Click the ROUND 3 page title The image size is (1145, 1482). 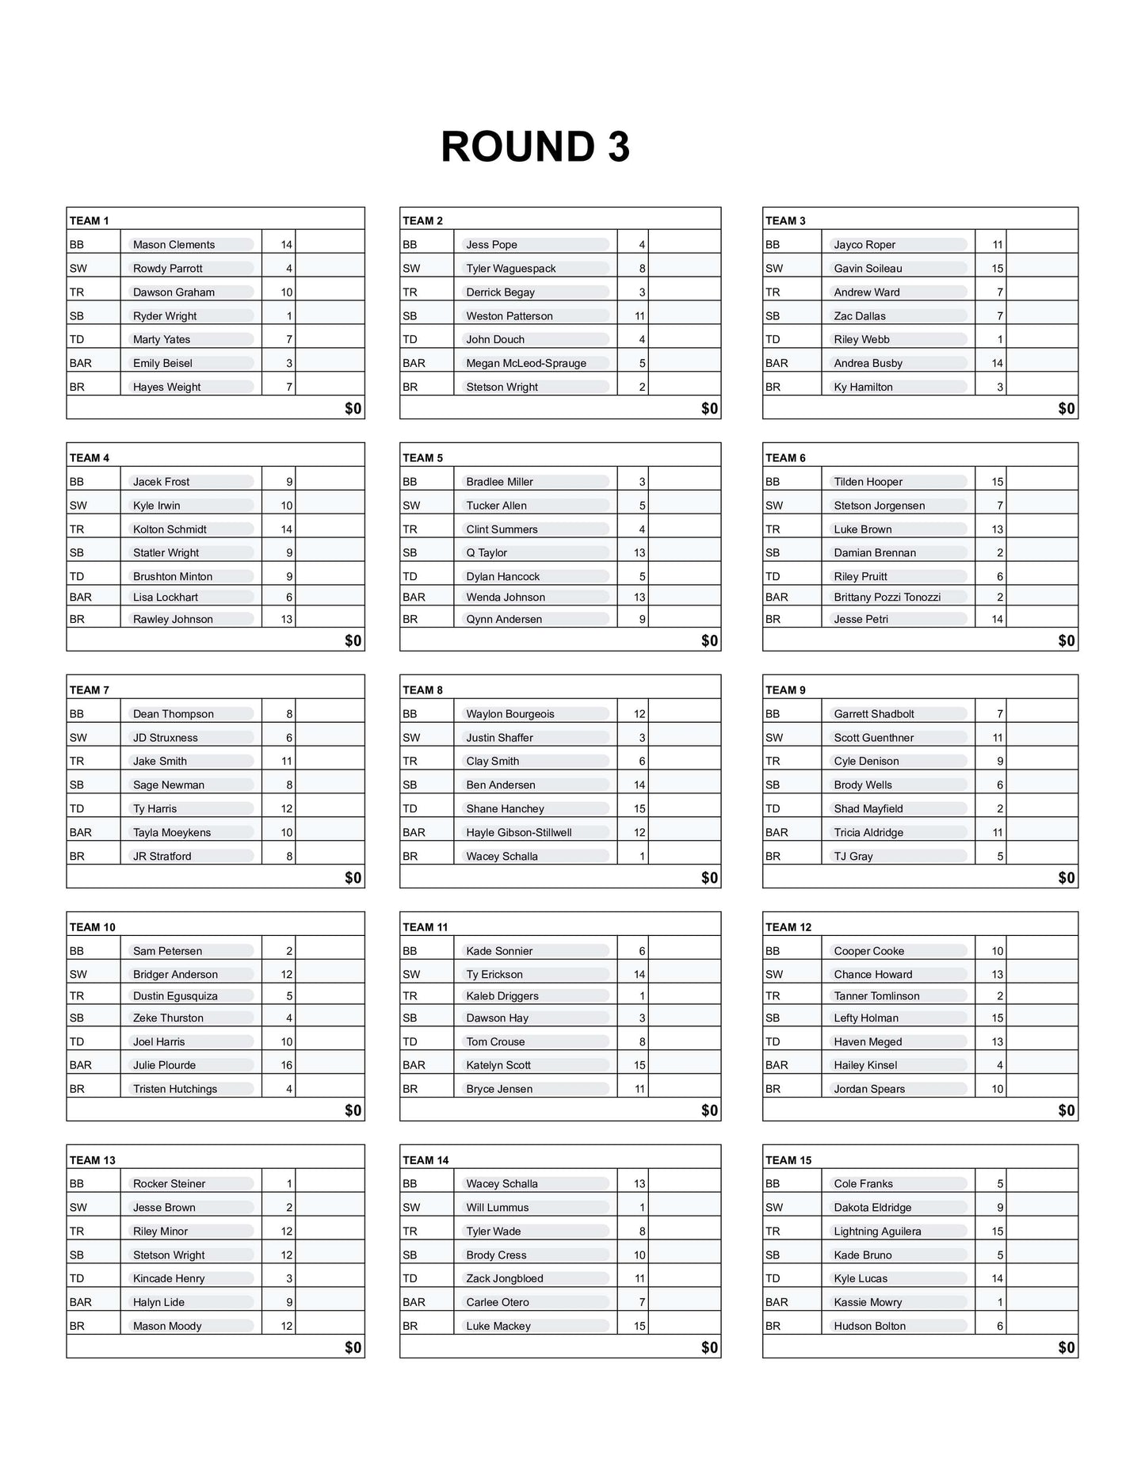click(x=535, y=147)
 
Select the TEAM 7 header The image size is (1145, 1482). click(x=90, y=690)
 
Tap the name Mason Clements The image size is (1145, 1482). click(x=174, y=245)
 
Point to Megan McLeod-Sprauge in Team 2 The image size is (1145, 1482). click(x=526, y=364)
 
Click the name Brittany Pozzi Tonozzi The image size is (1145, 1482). click(x=887, y=598)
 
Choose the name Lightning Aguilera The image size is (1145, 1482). click(x=877, y=1232)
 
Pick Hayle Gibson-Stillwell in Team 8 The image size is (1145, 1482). click(x=518, y=833)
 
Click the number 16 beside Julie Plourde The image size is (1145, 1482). click(x=286, y=1066)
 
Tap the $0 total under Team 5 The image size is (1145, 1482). click(x=709, y=640)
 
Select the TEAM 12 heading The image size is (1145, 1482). click(x=788, y=927)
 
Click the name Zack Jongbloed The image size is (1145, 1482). click(x=504, y=1279)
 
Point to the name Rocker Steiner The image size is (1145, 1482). click(x=169, y=1184)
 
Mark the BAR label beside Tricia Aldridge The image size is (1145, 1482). click(x=777, y=833)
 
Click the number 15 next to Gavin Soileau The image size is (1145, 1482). click(x=997, y=269)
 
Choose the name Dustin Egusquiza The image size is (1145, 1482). click(x=175, y=996)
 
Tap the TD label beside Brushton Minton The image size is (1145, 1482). click(x=77, y=577)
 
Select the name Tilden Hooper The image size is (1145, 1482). click(x=868, y=482)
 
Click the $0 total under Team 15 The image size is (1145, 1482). click(x=1067, y=1348)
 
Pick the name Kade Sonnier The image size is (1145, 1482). click(x=499, y=951)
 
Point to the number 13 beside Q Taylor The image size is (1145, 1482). click(x=639, y=553)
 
